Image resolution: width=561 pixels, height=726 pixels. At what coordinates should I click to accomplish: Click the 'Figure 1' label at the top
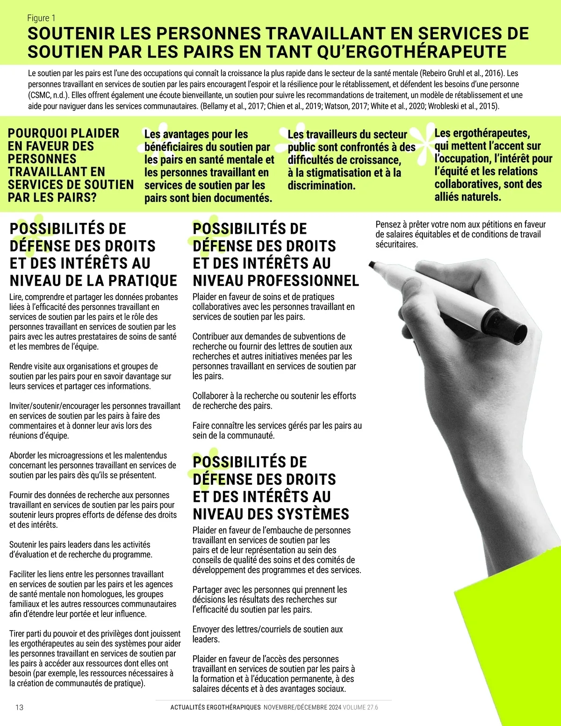41,18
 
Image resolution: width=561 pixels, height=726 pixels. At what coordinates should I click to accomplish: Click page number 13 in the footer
19,707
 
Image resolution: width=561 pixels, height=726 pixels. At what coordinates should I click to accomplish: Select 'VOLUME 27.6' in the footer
360,707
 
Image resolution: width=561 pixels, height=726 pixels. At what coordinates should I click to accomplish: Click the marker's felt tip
373,265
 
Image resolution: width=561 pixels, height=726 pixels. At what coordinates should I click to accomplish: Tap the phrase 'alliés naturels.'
467,197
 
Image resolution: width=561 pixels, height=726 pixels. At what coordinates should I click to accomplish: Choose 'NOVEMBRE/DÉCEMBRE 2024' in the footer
302,707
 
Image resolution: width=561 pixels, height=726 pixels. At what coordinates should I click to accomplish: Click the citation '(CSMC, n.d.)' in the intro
49,95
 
